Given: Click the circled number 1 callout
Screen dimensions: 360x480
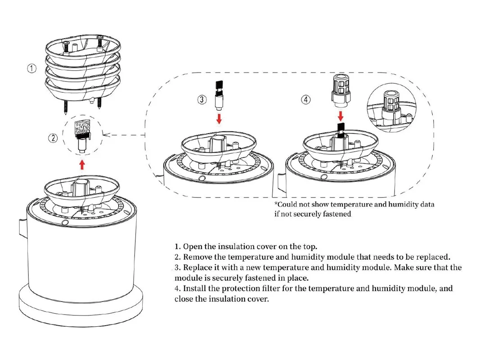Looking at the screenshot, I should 31,69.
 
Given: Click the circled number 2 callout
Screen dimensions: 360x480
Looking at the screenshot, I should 54,138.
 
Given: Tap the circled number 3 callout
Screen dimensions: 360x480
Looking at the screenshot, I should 202,100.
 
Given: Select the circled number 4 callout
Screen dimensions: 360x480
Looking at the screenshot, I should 306,100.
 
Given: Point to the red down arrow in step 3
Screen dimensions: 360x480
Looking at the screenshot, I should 219,119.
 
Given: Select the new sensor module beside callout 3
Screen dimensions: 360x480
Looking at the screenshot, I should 219,95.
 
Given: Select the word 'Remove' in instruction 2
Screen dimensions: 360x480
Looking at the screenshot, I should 198,257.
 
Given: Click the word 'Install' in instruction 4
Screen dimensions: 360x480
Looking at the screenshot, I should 195,288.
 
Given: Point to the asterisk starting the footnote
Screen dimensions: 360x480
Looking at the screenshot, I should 276,204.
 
